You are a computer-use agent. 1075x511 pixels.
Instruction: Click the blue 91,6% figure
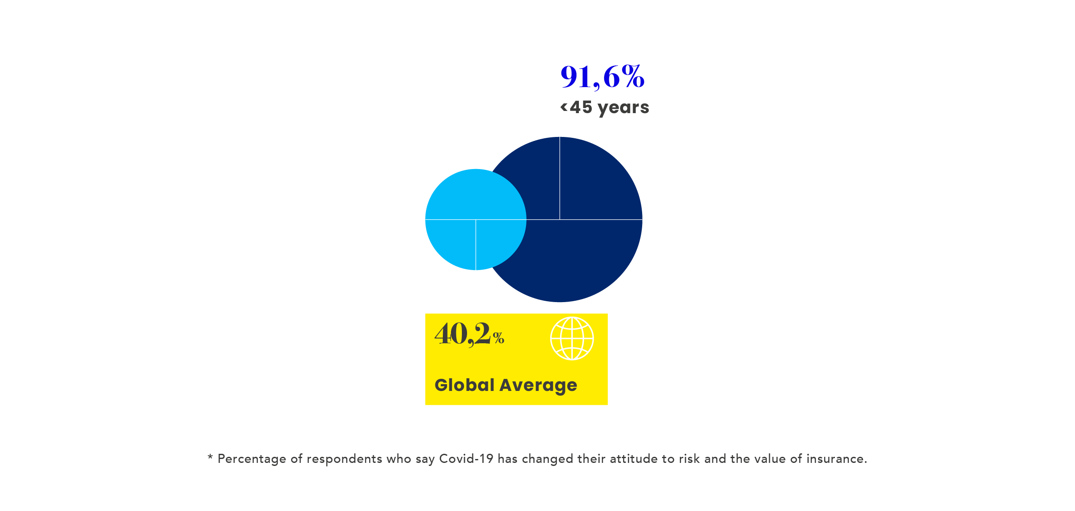602,77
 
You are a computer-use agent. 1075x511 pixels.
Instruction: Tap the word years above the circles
624,108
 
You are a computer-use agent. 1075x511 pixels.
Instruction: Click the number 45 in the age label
581,107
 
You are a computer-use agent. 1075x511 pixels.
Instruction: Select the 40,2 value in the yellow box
463,334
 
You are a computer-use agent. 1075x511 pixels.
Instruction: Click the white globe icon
572,338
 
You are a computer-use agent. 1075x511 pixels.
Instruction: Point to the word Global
464,385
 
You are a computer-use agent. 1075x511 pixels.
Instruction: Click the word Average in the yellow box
539,386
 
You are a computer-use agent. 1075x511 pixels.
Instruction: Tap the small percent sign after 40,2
498,338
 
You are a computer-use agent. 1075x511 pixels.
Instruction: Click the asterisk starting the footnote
210,457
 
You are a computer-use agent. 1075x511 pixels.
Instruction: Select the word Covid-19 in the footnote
466,459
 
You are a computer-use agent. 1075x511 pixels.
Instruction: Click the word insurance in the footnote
836,459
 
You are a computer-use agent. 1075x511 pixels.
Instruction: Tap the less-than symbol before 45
564,107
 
